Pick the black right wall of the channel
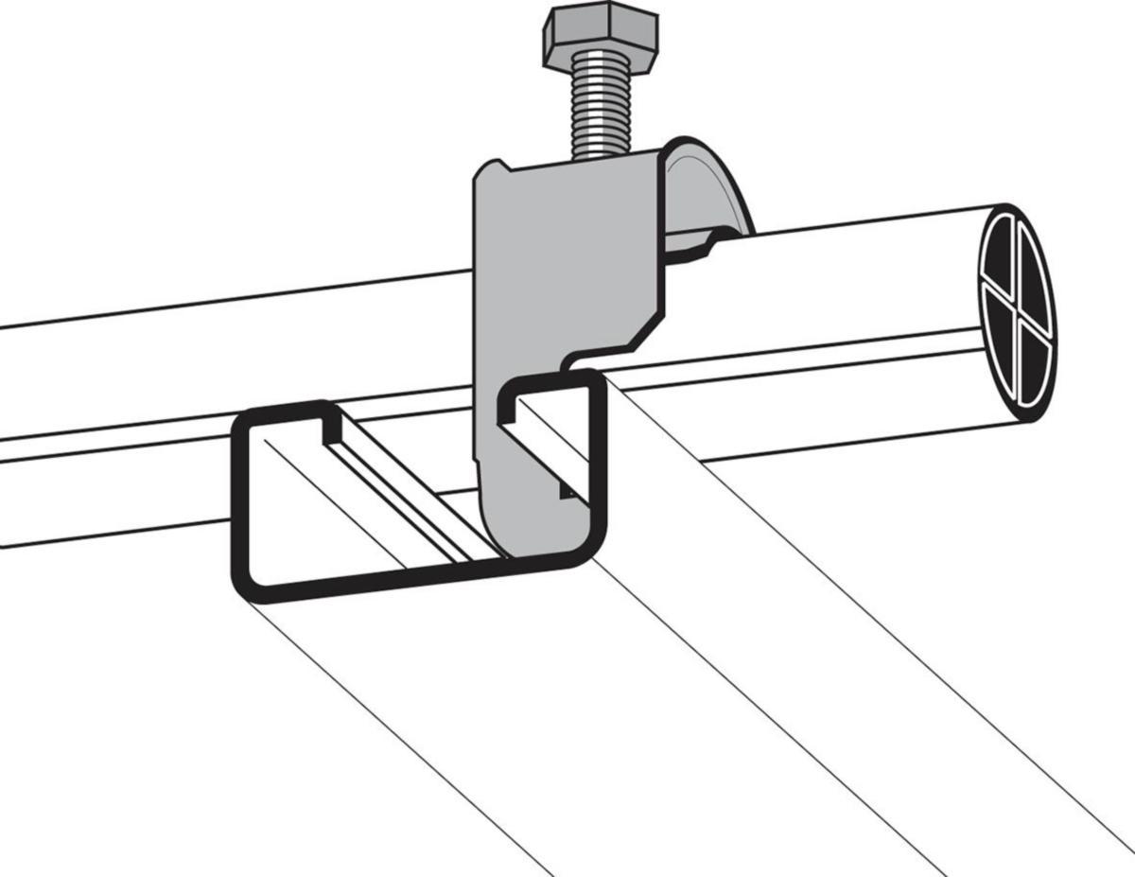pyautogui.click(x=598, y=464)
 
